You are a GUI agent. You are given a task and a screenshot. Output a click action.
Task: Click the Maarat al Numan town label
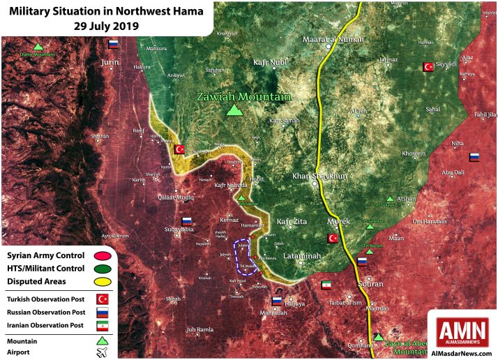[x=333, y=40]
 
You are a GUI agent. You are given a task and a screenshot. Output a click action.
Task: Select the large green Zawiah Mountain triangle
[x=236, y=110]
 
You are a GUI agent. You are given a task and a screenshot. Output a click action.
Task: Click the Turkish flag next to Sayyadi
[x=428, y=67]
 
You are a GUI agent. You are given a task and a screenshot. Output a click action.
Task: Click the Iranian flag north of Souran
[x=326, y=285]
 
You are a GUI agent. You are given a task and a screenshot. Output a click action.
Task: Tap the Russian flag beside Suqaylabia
[x=187, y=221]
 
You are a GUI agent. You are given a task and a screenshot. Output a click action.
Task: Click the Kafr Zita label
[x=292, y=222]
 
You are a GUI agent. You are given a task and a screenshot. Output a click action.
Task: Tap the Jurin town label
[x=110, y=62]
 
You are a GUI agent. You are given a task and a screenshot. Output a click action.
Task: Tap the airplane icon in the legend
[x=102, y=352]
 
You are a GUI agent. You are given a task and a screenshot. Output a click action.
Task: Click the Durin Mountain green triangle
[x=38, y=46]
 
